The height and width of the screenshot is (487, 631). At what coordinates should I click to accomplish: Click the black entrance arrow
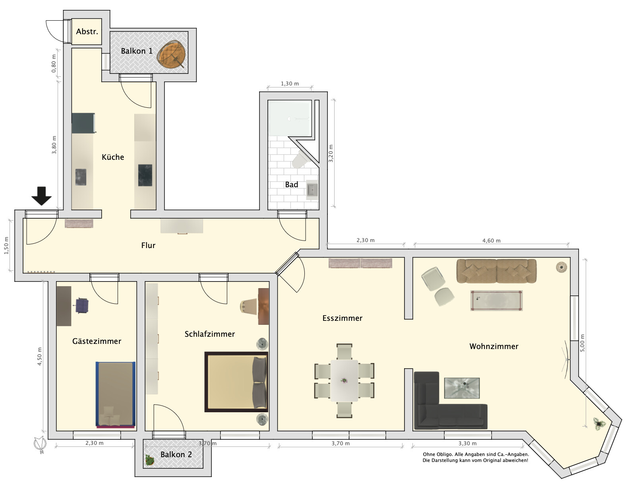(x=42, y=196)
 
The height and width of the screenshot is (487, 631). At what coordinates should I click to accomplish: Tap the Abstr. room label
(x=87, y=31)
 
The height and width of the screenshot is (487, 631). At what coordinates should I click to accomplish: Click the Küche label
(x=113, y=157)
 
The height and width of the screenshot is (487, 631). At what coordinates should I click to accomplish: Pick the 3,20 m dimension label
(x=331, y=153)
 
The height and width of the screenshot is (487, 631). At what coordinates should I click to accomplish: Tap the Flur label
(x=148, y=245)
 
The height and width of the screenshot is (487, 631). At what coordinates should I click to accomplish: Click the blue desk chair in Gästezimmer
(x=82, y=305)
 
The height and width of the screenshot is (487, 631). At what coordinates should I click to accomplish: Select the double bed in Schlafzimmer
(x=236, y=382)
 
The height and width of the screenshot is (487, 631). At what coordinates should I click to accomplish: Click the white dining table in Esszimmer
(x=344, y=380)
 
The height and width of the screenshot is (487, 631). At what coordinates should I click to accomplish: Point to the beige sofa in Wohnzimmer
(x=496, y=271)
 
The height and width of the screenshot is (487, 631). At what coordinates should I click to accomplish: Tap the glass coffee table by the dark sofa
(x=462, y=388)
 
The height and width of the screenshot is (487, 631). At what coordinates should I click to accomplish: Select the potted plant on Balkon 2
(x=149, y=460)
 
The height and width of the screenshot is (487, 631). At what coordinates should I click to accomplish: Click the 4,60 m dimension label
(x=491, y=241)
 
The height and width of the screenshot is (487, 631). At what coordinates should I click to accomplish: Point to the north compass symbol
(x=40, y=444)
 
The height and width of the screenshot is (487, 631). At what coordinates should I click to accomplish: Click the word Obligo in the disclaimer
(x=445, y=454)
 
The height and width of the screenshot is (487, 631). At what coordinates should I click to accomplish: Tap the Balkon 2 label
(x=176, y=454)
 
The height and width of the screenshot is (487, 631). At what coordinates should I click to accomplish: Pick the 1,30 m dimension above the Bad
(x=290, y=83)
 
